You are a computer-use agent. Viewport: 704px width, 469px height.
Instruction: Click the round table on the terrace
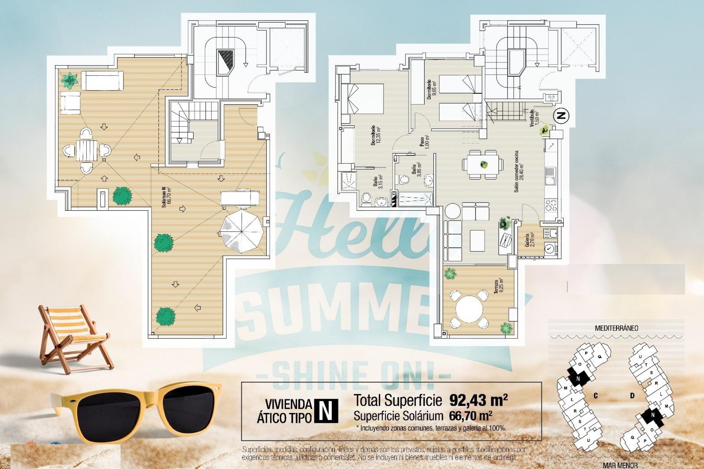[470, 309]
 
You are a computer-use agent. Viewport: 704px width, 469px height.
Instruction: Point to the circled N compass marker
[561, 116]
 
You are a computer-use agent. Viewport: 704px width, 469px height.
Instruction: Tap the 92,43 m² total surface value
[478, 400]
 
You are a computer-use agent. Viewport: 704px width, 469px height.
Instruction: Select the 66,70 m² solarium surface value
[470, 416]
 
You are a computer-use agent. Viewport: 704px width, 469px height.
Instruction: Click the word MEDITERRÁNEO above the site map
[616, 328]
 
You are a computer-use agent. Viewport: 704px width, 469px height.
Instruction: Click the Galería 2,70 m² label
[529, 240]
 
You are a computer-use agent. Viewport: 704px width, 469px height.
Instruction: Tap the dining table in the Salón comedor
[481, 165]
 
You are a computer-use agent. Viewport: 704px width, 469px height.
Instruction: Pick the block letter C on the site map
[596, 396]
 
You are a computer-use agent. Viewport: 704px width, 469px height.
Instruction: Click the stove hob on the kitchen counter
[551, 205]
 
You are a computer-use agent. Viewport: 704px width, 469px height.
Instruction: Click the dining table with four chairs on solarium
[87, 150]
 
